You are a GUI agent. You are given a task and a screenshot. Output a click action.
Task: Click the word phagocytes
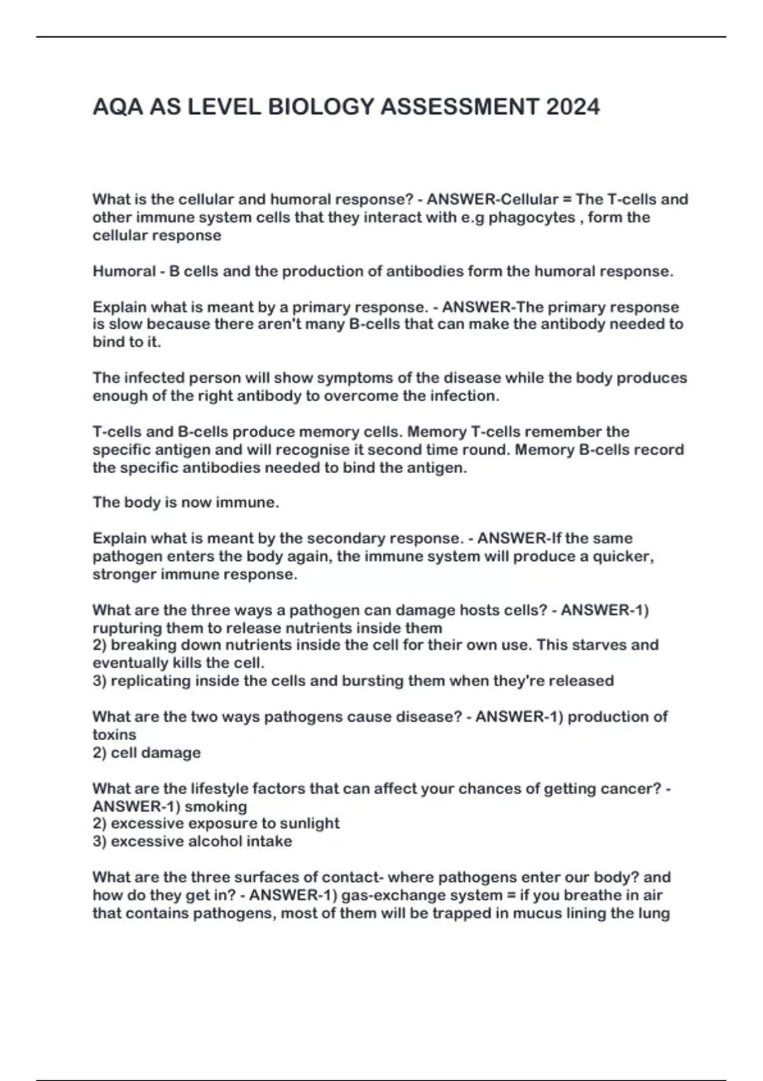[x=532, y=217]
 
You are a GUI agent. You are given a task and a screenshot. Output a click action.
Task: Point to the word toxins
[x=114, y=735]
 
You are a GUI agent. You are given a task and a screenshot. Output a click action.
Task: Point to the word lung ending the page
[x=654, y=914]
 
